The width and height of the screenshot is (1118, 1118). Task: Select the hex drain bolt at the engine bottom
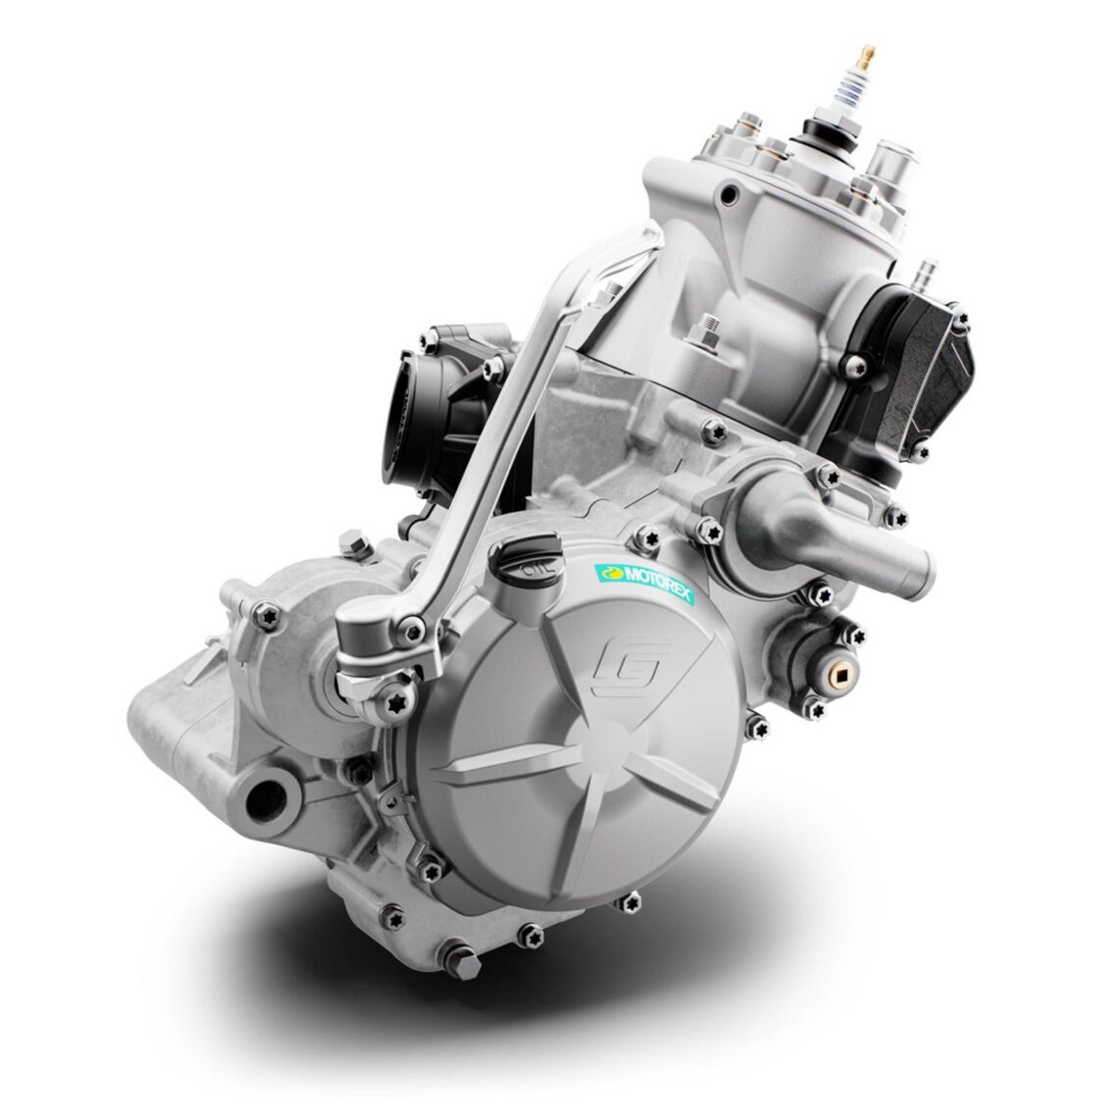458,960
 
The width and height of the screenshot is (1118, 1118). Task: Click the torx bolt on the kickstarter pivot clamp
396,704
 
